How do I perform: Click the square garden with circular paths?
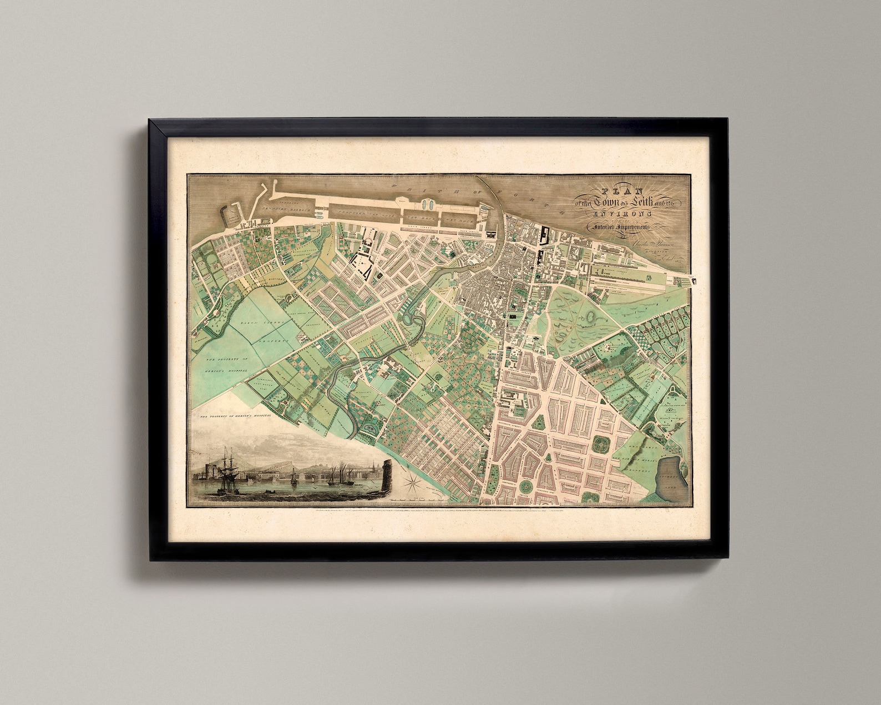[x=602, y=444]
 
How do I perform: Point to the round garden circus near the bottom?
[x=526, y=487]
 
